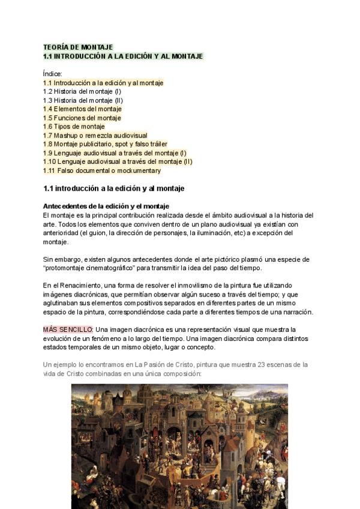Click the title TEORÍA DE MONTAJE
pyautogui.click(x=78, y=47)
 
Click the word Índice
pyautogui.click(x=53, y=74)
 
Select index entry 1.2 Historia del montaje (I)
pyautogui.click(x=82, y=91)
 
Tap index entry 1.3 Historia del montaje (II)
pyautogui.click(x=83, y=100)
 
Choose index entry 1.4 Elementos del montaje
pyautogui.click(x=82, y=109)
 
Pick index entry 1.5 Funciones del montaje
pyautogui.click(x=82, y=118)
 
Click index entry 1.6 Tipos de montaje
pyautogui.click(x=74, y=127)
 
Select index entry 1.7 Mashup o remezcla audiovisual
pyautogui.click(x=95, y=136)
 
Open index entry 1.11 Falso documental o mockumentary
pyautogui.click(x=102, y=170)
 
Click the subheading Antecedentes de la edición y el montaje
pyautogui.click(x=106, y=206)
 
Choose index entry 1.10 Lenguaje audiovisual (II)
pyautogui.click(x=118, y=161)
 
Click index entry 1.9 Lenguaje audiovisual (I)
pyautogui.click(x=115, y=153)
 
